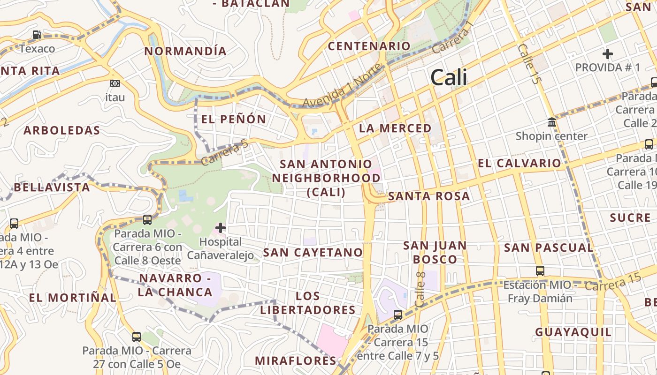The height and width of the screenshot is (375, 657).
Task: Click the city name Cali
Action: coord(449,77)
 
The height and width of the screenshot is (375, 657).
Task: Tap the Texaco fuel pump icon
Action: coord(37,35)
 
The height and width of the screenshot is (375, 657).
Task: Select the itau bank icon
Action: coord(115,83)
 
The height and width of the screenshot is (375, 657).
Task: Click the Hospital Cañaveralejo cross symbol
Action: coord(220,228)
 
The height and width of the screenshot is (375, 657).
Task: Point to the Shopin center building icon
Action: coord(552,123)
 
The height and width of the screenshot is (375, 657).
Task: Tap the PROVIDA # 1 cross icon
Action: coord(608,54)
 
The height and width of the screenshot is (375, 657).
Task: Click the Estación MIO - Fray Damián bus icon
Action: coord(540,270)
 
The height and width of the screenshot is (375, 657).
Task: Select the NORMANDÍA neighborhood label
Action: coord(185,51)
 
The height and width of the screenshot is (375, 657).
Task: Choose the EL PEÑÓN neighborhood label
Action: coord(234,119)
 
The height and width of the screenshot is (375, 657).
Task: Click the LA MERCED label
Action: coord(395,128)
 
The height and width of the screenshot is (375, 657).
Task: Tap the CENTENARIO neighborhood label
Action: coord(369,46)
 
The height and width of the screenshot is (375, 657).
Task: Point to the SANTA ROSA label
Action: coord(429,196)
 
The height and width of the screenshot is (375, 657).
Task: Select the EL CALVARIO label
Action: coord(519,163)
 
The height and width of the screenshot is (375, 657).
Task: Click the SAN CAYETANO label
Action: coord(313,252)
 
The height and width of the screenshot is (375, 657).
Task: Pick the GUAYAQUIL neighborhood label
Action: coord(573,332)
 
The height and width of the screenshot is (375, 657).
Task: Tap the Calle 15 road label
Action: coord(528,64)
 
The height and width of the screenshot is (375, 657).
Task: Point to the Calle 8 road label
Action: coord(420,290)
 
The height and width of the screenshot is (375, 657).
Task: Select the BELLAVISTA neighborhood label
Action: coord(52,187)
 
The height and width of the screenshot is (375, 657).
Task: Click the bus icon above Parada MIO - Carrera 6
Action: coord(147,219)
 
